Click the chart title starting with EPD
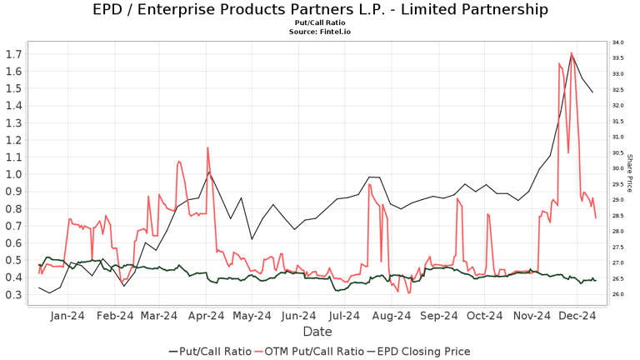click(x=320, y=10)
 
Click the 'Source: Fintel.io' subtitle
click(x=320, y=32)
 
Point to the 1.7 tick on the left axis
click(x=14, y=54)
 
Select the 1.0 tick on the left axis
click(x=14, y=174)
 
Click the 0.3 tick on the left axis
click(x=14, y=295)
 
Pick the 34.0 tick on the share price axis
click(x=617, y=42)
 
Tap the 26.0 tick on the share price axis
click(x=617, y=295)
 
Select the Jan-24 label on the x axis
click(x=67, y=315)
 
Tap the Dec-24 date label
click(x=577, y=315)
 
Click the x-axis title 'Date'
click(x=317, y=332)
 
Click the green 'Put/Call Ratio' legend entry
click(x=212, y=351)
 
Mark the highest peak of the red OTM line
click(x=571, y=53)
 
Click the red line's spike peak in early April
click(x=207, y=147)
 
